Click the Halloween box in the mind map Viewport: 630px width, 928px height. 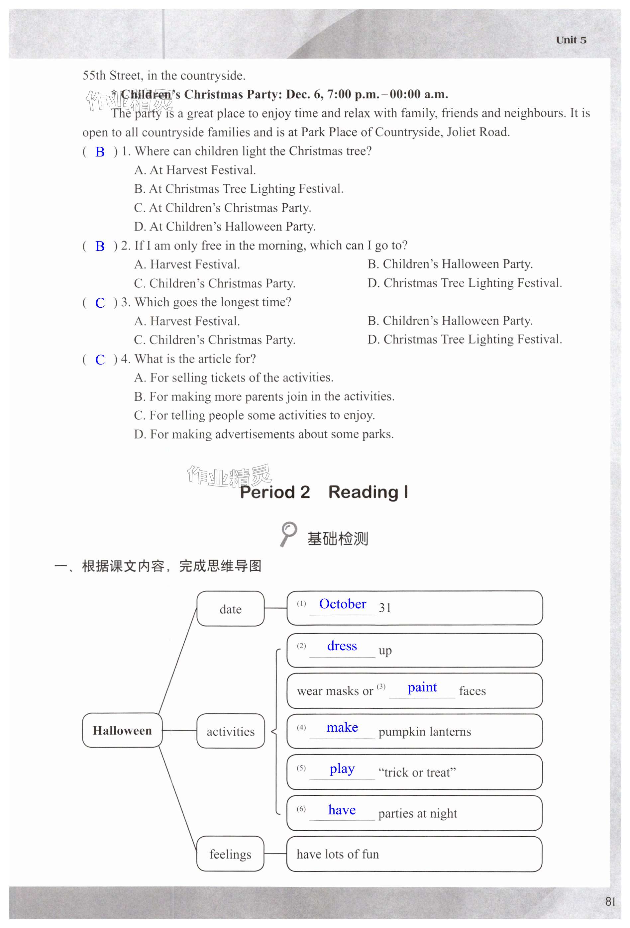click(x=122, y=730)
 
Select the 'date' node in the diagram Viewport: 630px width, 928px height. click(x=230, y=609)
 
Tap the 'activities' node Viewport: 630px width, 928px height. click(x=230, y=731)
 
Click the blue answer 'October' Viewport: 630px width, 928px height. click(x=343, y=604)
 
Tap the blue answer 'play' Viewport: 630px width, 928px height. click(x=342, y=768)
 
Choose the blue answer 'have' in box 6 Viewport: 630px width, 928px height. click(x=342, y=810)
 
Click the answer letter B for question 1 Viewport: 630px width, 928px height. click(x=100, y=152)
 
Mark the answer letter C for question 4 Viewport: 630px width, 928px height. click(x=100, y=360)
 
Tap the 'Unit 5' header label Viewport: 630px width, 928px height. click(x=571, y=40)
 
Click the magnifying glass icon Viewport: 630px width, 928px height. click(x=288, y=534)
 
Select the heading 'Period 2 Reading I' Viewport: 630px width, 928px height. click(x=324, y=492)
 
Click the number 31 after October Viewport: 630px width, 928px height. click(x=385, y=608)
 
